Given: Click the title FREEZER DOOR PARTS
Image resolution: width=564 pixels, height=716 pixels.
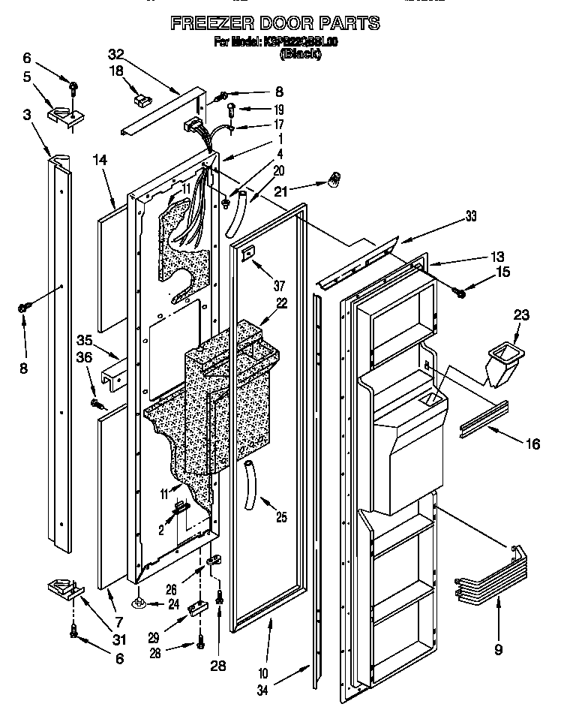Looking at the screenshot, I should (275, 23).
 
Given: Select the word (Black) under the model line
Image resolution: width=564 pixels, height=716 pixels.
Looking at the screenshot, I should (300, 54).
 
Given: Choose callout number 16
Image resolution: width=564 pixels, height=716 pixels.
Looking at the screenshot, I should (532, 444).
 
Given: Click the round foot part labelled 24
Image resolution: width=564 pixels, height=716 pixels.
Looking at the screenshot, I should (141, 602).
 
